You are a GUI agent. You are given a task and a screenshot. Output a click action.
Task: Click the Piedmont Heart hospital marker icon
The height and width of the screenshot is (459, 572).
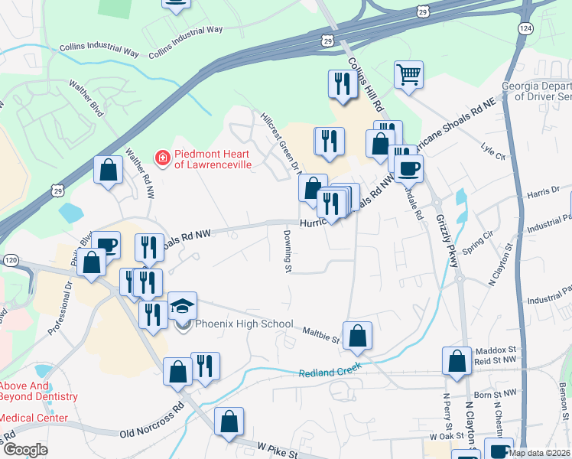[162, 158]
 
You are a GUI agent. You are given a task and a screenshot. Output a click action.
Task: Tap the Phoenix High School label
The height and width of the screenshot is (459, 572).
[244, 324]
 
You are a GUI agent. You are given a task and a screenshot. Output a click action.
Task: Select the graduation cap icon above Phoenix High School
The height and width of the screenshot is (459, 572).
[182, 306]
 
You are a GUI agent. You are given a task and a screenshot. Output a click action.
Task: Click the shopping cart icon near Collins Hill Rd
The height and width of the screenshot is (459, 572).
[409, 75]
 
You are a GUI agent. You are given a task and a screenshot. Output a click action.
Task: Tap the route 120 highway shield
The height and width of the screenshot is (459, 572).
[10, 260]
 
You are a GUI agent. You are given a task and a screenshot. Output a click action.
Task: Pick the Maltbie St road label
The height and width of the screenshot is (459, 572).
[320, 334]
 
